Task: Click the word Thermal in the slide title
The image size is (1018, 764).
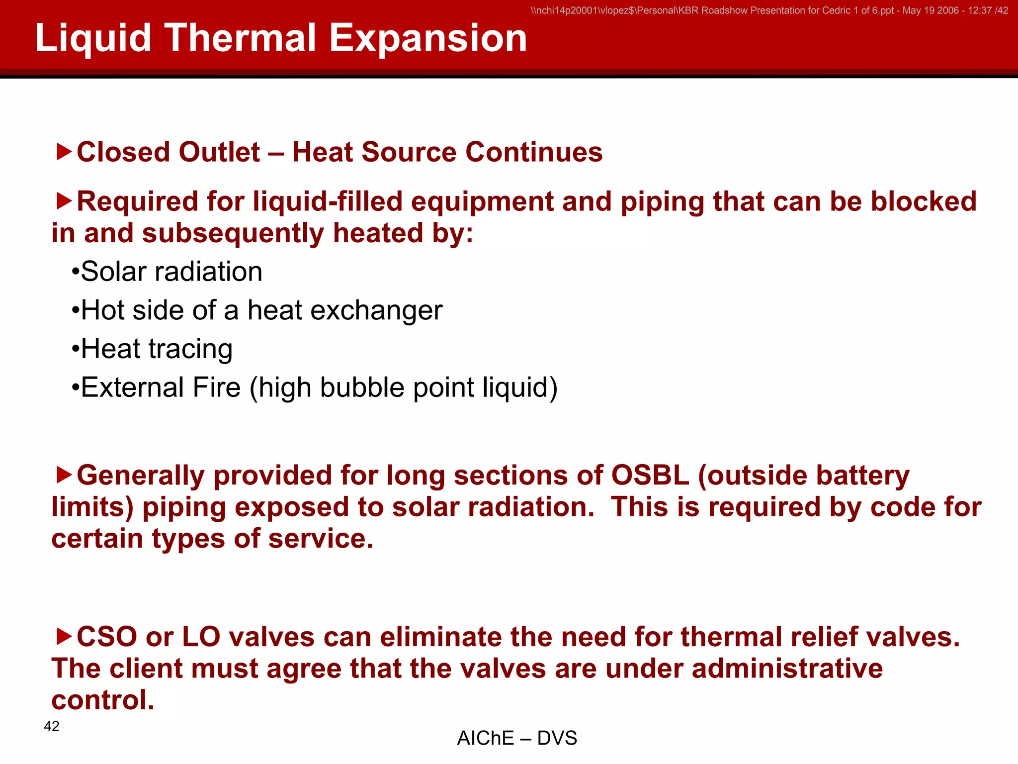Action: pos(240,38)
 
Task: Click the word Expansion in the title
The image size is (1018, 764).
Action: pos(427,38)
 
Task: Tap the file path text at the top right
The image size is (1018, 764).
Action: pos(769,10)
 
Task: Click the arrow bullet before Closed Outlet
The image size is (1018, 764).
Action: pos(64,152)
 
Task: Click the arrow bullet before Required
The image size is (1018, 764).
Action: pos(64,201)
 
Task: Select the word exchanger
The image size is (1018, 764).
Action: pos(376,311)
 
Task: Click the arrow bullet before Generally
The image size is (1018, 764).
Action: pos(64,475)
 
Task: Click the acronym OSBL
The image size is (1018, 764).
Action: pos(650,475)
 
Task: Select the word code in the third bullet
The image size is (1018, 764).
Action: pos(902,507)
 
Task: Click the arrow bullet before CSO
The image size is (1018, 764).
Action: pos(64,636)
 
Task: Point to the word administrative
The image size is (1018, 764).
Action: pos(787,668)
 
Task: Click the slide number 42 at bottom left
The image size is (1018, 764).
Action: pos(52,726)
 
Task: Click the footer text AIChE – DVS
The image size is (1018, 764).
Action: pos(516,738)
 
